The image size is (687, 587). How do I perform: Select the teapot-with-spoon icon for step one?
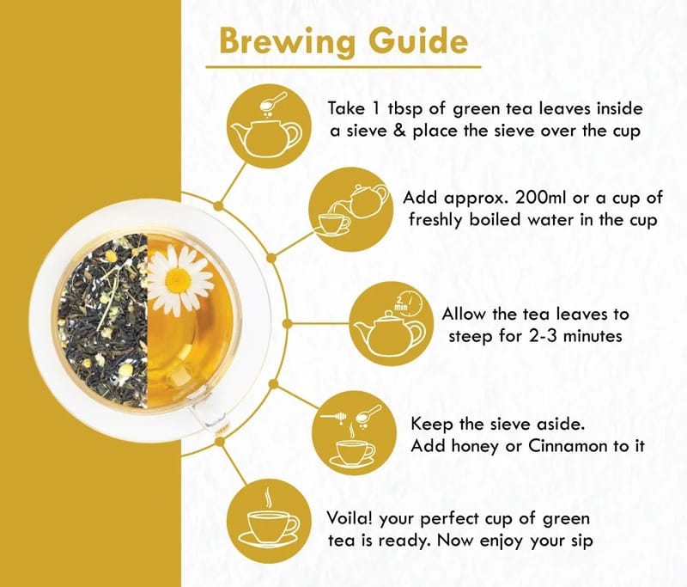(x=269, y=126)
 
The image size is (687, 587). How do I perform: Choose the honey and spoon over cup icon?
(x=354, y=432)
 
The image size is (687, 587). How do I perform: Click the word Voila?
(x=350, y=518)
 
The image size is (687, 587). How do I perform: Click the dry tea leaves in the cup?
(x=103, y=321)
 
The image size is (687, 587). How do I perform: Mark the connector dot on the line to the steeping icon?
(x=287, y=324)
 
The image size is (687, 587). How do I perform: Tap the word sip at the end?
(x=582, y=541)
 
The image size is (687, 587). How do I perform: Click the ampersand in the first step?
(x=399, y=131)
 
